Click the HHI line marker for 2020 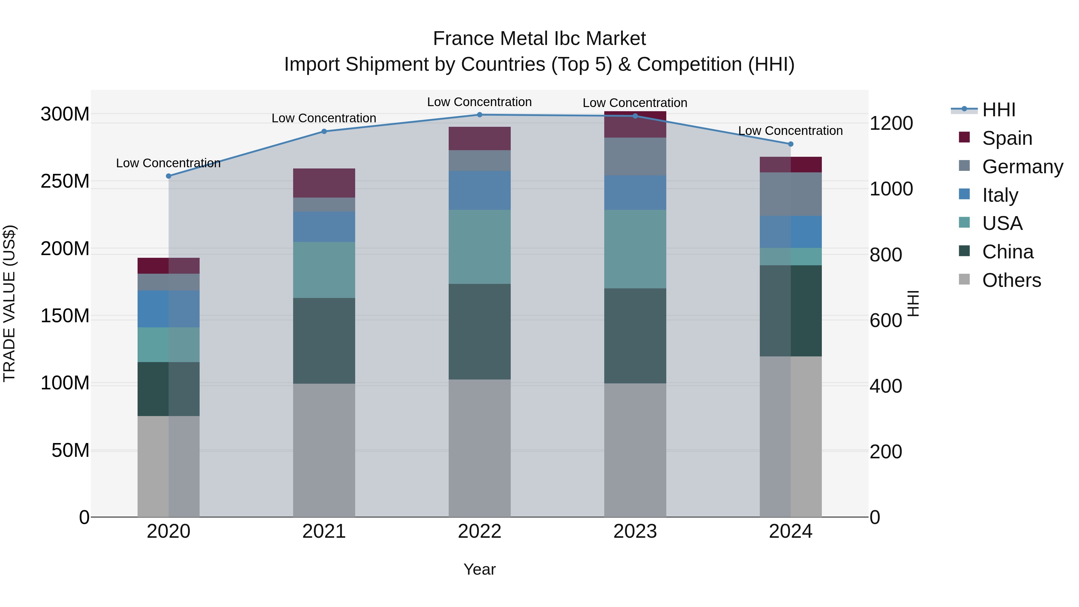click(168, 176)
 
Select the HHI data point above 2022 click(480, 115)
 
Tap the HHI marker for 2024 click(790, 144)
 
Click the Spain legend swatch click(964, 137)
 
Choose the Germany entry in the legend click(1022, 167)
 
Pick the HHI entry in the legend click(999, 110)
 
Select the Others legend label click(1011, 280)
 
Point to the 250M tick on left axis click(65, 181)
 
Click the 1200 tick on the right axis click(891, 123)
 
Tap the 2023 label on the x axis click(635, 531)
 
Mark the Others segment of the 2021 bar click(324, 450)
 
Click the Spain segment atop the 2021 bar click(324, 183)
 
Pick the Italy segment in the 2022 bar click(480, 190)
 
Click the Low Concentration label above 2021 click(324, 118)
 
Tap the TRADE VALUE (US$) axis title click(9, 303)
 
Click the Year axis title click(480, 569)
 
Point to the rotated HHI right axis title click(913, 303)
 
